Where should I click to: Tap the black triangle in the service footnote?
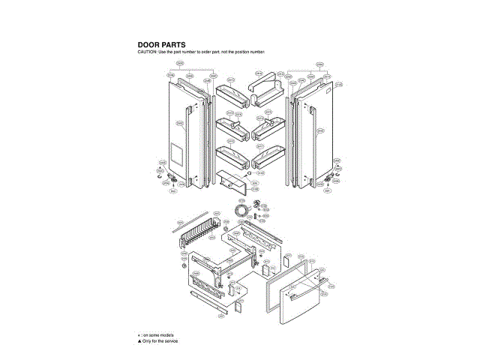(139, 340)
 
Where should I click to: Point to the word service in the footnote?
(170, 340)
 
